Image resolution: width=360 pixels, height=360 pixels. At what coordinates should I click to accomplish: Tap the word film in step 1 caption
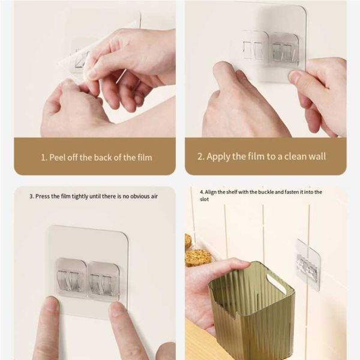tap(145, 157)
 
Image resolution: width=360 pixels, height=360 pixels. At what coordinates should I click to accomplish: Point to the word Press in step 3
tap(42, 196)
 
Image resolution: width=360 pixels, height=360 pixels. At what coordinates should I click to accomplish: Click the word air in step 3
tap(154, 196)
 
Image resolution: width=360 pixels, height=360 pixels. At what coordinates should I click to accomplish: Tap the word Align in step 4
tap(210, 192)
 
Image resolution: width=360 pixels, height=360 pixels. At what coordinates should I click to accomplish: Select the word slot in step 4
tap(205, 199)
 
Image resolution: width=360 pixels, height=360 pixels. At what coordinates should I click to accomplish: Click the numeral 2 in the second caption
tap(200, 157)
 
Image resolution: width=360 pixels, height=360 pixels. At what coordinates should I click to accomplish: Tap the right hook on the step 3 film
tap(103, 281)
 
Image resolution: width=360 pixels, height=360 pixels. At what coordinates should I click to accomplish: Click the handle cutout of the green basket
tap(276, 283)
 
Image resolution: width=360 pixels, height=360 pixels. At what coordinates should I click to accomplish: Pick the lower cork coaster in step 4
tap(198, 258)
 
